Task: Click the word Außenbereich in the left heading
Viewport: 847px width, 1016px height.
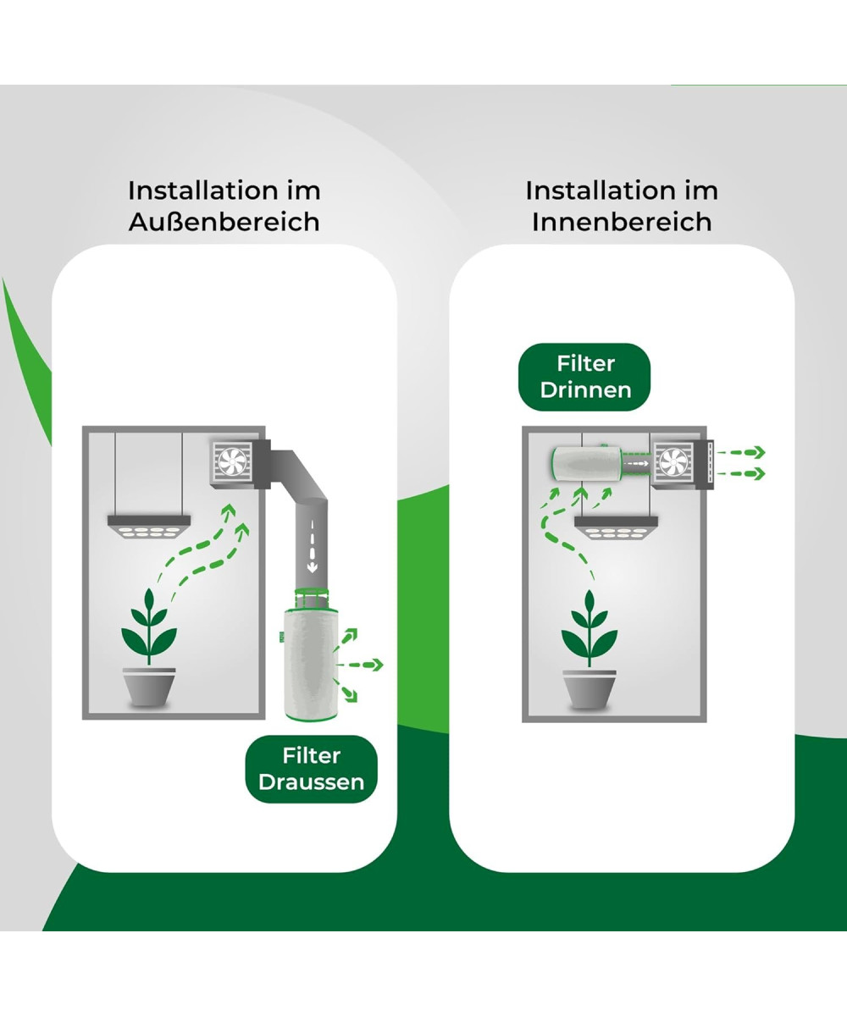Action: tap(224, 222)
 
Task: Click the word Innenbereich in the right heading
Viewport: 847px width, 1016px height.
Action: tap(621, 222)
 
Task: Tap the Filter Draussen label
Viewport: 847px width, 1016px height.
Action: tap(311, 769)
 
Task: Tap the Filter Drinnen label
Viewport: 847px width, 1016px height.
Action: tap(585, 377)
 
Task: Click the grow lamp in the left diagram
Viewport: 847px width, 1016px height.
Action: tap(149, 526)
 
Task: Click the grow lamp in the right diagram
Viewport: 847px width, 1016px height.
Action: tap(617, 527)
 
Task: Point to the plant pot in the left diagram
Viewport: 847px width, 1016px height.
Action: tap(149, 687)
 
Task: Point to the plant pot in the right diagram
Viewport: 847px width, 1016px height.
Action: tap(590, 688)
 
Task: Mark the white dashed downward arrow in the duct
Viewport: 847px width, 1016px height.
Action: tap(312, 546)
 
